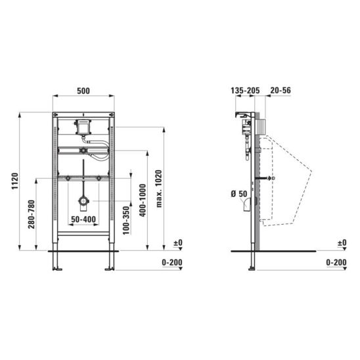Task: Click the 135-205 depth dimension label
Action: [x=244, y=90]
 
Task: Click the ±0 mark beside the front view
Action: [x=177, y=243]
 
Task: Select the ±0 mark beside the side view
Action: [x=341, y=243]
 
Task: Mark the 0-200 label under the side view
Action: [x=336, y=263]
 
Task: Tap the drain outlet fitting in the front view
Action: [x=83, y=201]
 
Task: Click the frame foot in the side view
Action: [x=252, y=266]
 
